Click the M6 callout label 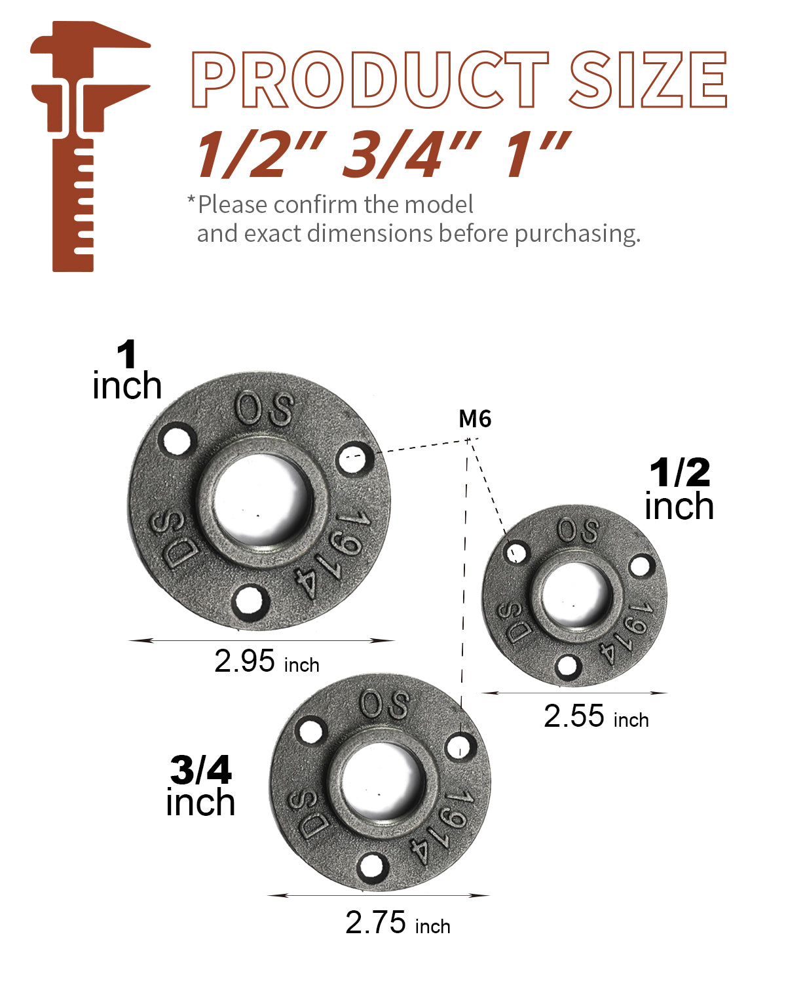coord(474,418)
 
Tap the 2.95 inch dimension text coord(267,661)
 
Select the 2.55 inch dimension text coord(596,716)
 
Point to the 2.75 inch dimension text coord(398,922)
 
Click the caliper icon coord(90,146)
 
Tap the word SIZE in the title coord(648,79)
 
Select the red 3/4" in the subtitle coord(411,154)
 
